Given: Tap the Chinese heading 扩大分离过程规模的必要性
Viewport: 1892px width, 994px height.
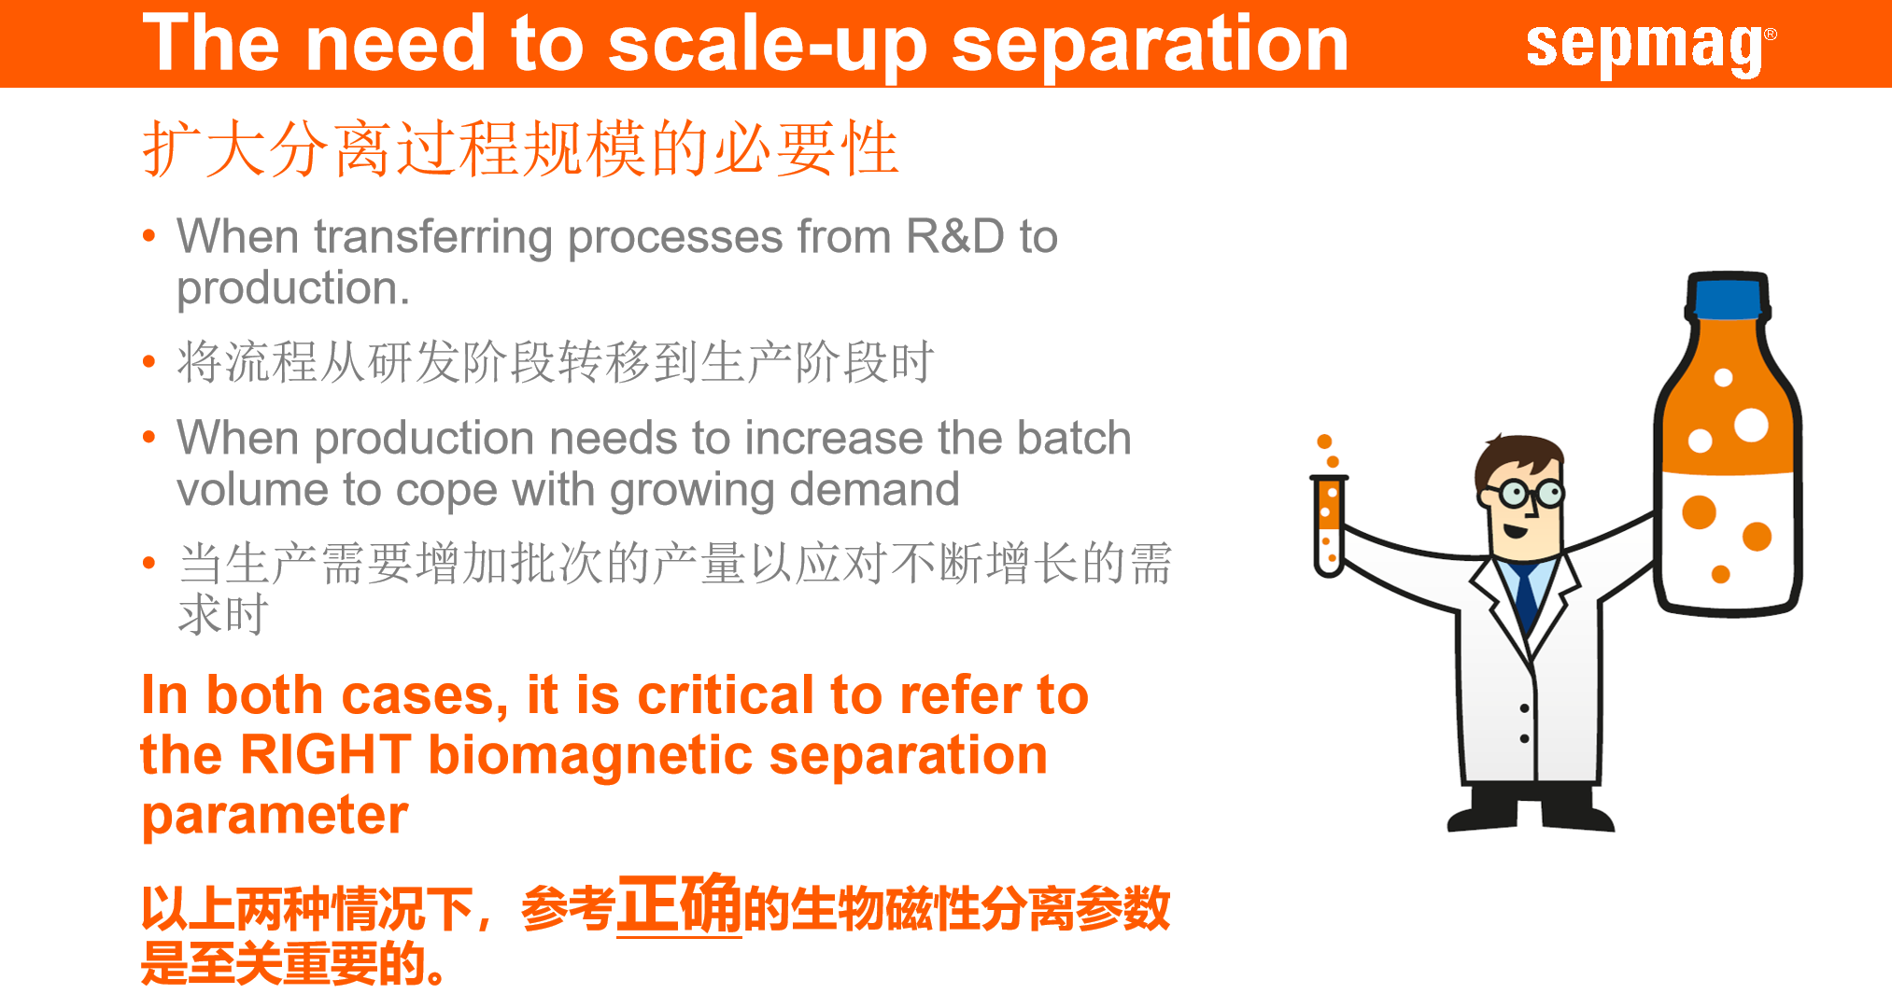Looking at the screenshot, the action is (520, 148).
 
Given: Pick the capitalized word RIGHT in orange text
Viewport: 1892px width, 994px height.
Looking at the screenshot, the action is (325, 754).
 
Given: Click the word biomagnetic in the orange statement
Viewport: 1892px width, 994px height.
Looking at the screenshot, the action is (590, 756).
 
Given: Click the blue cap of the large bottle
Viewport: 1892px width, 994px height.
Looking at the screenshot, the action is (1728, 296).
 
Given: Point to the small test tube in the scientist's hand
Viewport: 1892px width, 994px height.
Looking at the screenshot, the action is (1328, 525).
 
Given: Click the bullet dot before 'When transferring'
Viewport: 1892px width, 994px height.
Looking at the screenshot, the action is (149, 235).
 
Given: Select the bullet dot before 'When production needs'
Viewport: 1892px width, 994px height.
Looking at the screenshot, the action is (149, 437).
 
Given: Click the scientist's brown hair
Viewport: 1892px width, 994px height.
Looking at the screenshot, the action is (1518, 457).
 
